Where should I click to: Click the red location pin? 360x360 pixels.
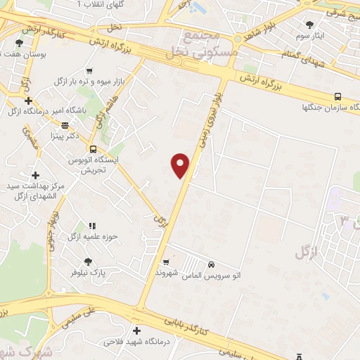(x=181, y=164)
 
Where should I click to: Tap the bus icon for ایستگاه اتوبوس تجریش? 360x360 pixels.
(x=94, y=148)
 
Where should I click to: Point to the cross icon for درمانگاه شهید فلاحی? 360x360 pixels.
(x=136, y=330)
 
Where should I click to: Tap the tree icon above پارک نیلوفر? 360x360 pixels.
(x=87, y=261)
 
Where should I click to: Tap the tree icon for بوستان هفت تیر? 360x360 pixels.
(x=18, y=43)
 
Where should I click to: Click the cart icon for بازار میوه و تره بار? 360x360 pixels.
(x=89, y=70)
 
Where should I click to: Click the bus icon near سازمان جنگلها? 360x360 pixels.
(x=338, y=96)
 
